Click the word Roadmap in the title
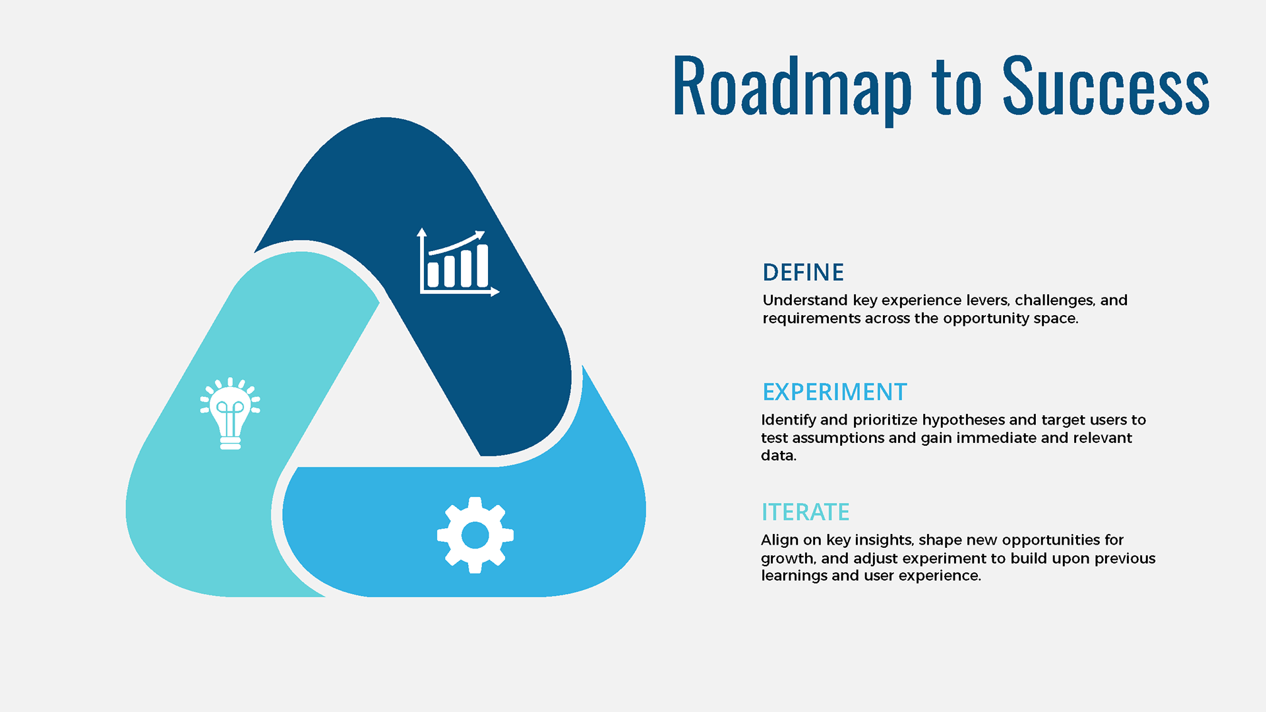point(792,86)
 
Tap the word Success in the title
point(1106,85)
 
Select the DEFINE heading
point(803,272)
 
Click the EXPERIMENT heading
point(835,392)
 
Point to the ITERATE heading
point(805,512)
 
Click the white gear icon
point(475,535)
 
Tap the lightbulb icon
point(230,413)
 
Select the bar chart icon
point(459,262)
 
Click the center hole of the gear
point(475,535)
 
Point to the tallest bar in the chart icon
point(483,266)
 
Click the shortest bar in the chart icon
point(433,275)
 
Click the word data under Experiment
point(779,456)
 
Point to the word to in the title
point(957,88)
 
